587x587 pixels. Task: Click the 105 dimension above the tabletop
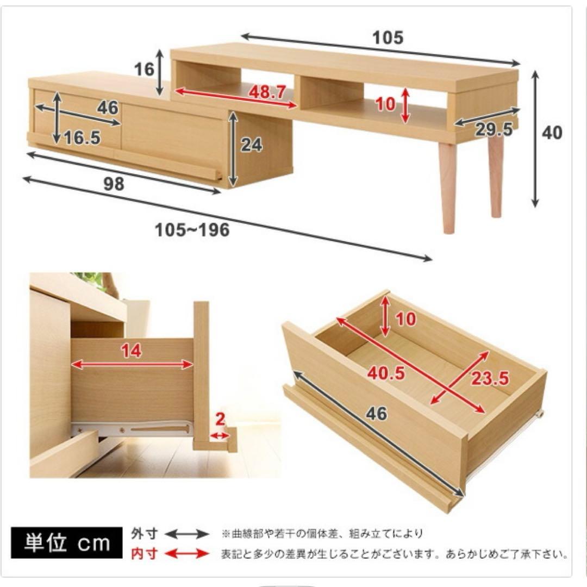click(x=388, y=38)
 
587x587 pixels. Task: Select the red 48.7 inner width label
click(x=267, y=92)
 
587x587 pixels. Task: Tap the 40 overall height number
click(x=552, y=133)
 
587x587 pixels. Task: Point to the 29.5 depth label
click(x=494, y=129)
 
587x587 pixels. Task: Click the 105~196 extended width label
click(x=192, y=230)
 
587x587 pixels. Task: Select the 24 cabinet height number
click(x=251, y=145)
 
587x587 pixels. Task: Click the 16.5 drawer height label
click(x=82, y=138)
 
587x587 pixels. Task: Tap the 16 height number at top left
click(x=144, y=70)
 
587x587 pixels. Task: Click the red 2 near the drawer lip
click(x=220, y=420)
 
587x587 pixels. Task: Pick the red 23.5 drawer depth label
click(x=489, y=378)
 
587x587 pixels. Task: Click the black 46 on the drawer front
click(x=376, y=414)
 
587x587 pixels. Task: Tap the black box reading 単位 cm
click(x=67, y=543)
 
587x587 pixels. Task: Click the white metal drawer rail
click(x=133, y=429)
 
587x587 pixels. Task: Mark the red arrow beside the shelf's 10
click(x=405, y=105)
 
